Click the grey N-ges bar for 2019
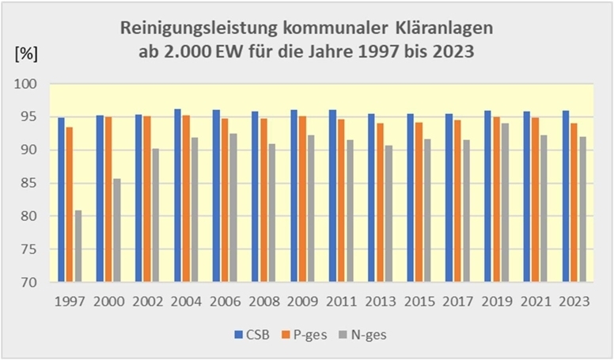tap(505, 203)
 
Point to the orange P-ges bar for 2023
tap(574, 203)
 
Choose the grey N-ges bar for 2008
tap(272, 213)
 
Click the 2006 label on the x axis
tap(226, 302)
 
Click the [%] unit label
tap(26, 55)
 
